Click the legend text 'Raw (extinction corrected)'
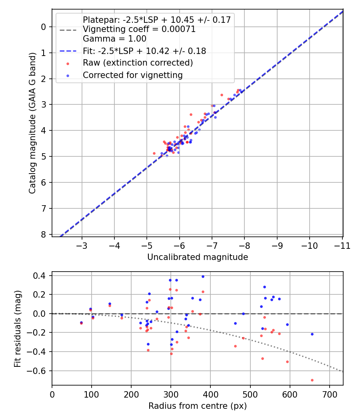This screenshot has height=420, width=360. (138, 63)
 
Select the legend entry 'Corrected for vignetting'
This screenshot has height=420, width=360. (132, 75)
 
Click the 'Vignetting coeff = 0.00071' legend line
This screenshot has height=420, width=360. (139, 29)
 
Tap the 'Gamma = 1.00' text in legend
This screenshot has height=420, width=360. (114, 39)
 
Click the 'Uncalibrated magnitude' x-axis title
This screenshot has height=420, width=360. (198, 257)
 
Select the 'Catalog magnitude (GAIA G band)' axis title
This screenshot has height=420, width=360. (33, 123)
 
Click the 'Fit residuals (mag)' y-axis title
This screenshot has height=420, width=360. (17, 329)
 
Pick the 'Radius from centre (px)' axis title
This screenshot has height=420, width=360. (198, 406)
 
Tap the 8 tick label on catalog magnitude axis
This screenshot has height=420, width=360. (44, 234)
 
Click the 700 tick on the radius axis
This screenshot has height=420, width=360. (329, 394)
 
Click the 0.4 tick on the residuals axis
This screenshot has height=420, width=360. (41, 276)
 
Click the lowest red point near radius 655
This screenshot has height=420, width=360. (312, 380)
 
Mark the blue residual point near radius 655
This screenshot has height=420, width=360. (312, 334)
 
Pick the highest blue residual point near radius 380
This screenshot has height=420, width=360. (203, 276)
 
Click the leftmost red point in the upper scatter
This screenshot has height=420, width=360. (154, 153)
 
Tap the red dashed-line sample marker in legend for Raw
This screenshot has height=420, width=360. (68, 63)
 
